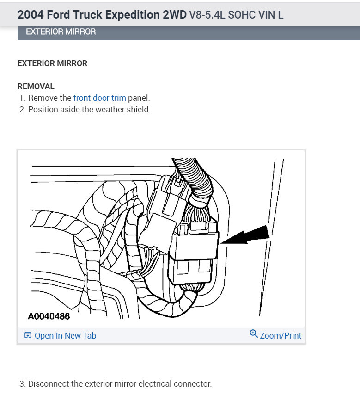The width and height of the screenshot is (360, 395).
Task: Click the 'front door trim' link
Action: pos(99,98)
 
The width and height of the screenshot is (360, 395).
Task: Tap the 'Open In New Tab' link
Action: pos(65,336)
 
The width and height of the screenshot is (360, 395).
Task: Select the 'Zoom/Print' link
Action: pos(280,336)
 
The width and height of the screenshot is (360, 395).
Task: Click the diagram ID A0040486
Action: pos(49,317)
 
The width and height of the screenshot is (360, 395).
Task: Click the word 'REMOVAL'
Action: pos(36,86)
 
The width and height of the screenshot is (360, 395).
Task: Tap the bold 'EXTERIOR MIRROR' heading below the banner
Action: pos(52,63)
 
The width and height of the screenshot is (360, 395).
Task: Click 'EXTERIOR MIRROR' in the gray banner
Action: pos(61,32)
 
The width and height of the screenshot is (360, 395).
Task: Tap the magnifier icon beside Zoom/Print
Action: pos(253,334)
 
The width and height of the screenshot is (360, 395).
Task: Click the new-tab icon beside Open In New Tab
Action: pos(28,336)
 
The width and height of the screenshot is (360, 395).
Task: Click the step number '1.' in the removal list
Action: pos(22,98)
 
